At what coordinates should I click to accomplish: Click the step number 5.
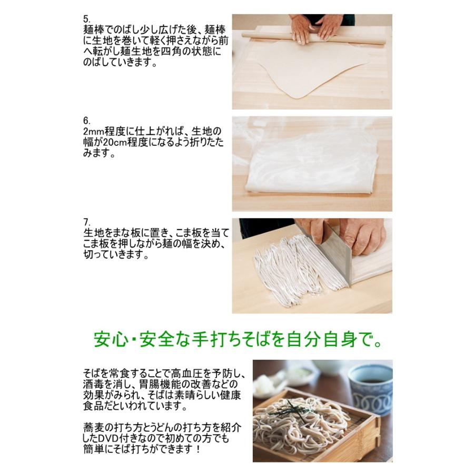86,18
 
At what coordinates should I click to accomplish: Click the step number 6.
86,121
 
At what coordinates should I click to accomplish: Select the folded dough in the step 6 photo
311,166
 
